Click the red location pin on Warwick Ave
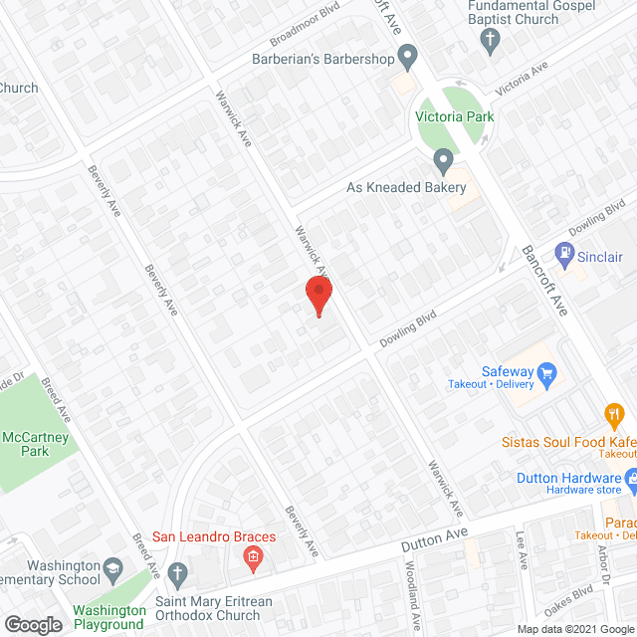pyautogui.click(x=318, y=295)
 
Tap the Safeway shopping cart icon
pyautogui.click(x=545, y=374)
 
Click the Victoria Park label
pyautogui.click(x=455, y=116)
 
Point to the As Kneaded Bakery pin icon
pyautogui.click(x=443, y=160)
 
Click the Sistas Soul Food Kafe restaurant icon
pyautogui.click(x=614, y=413)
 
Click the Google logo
pyautogui.click(x=33, y=625)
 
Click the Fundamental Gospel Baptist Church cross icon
pyautogui.click(x=489, y=41)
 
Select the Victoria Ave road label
pyautogui.click(x=522, y=81)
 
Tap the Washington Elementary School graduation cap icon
pyautogui.click(x=114, y=567)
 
